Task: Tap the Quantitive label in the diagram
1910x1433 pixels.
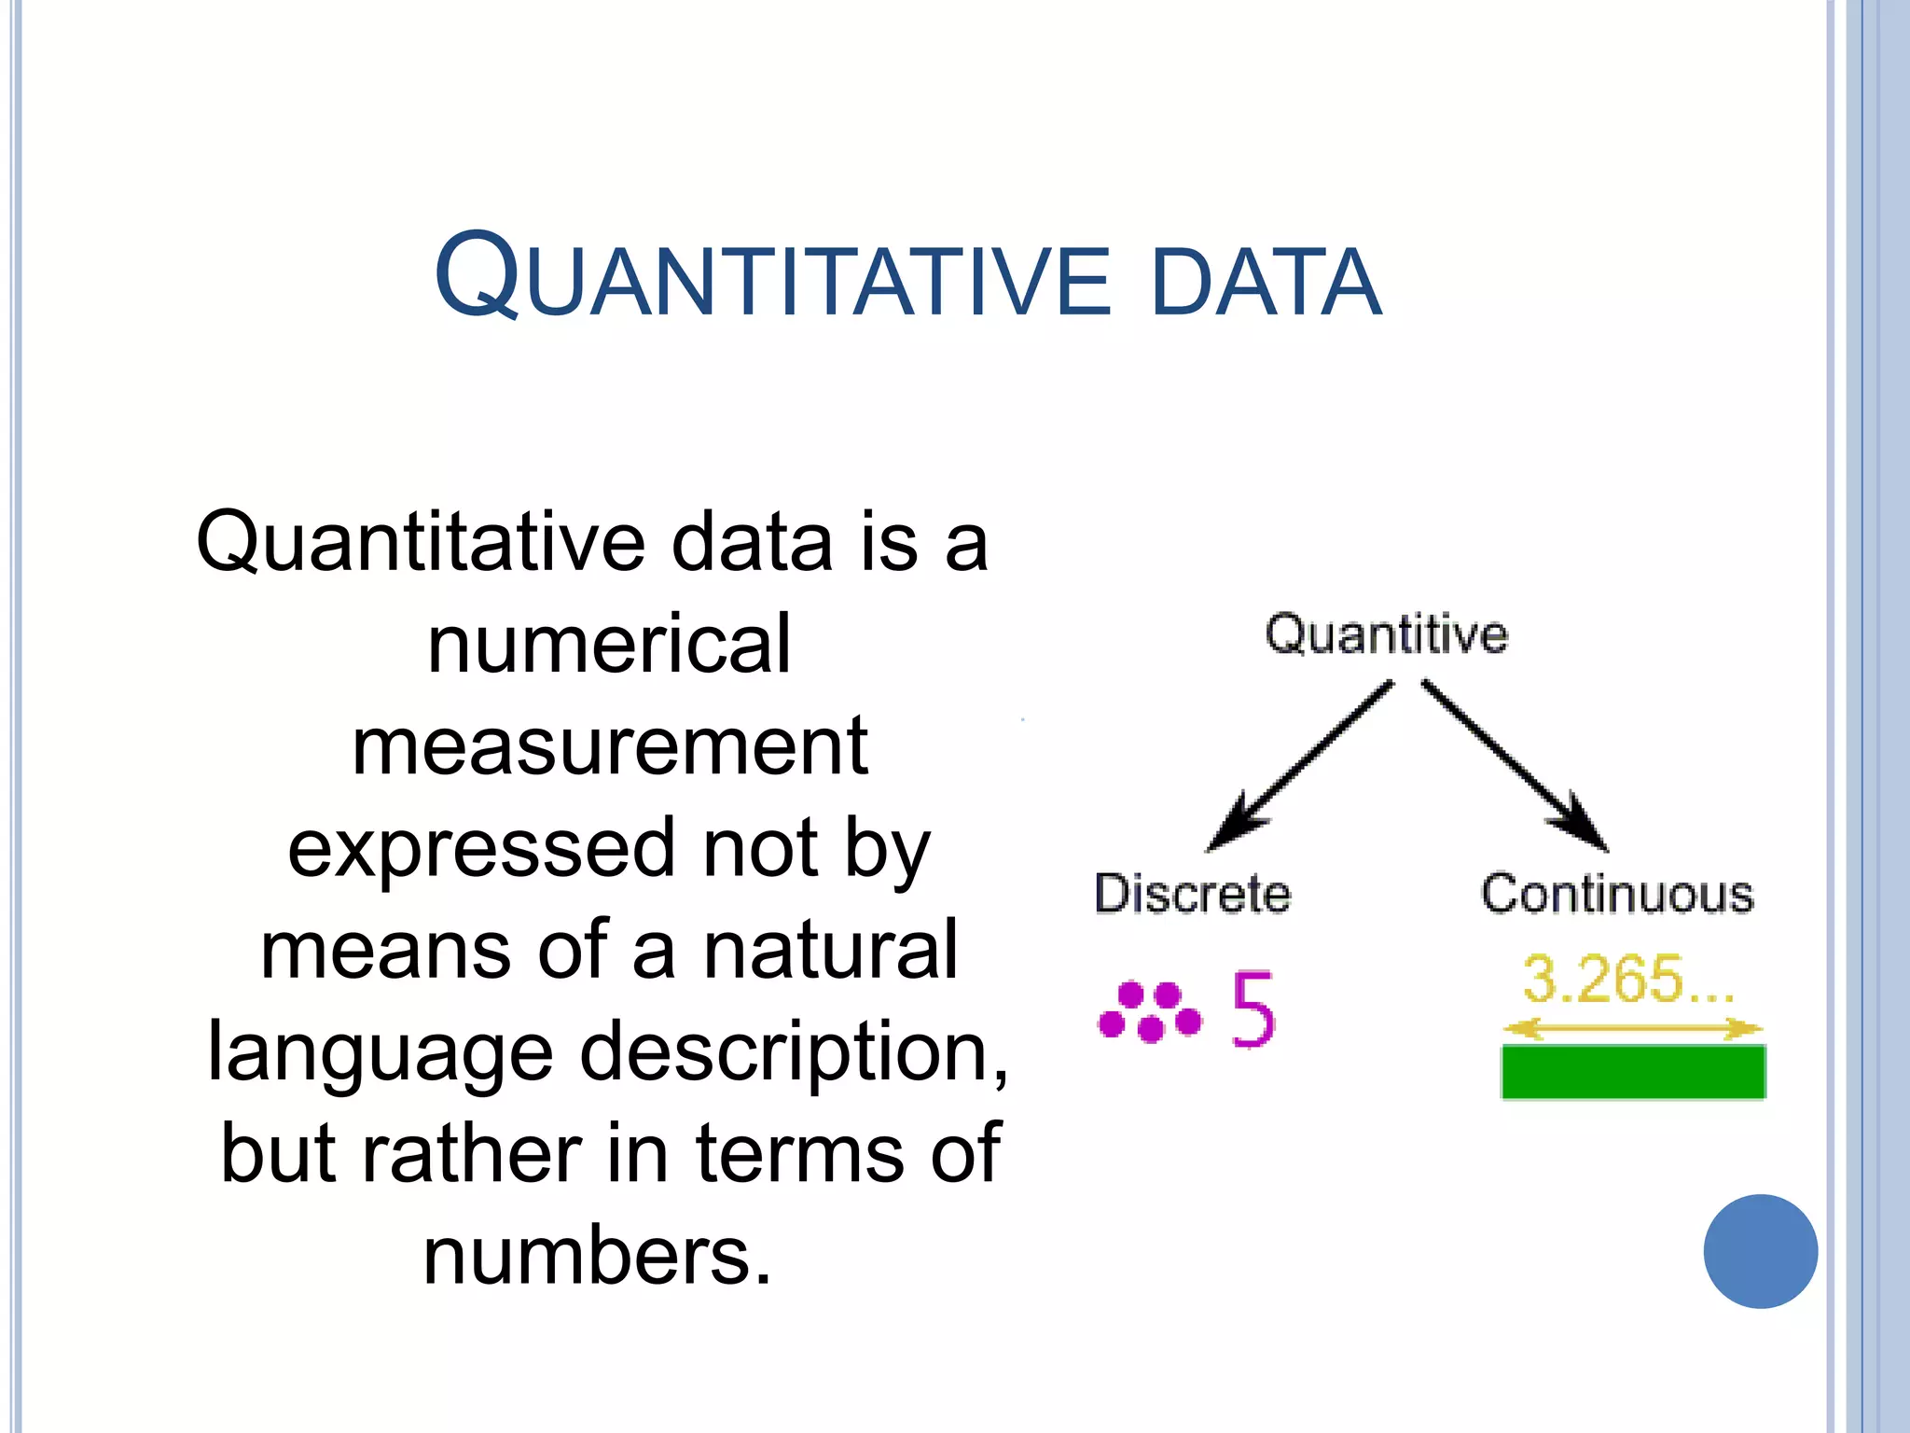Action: tap(1386, 634)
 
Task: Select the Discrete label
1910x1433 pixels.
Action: tap(1192, 894)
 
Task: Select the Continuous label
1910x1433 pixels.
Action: tap(1617, 894)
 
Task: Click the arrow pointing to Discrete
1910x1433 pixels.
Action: tap(1301, 765)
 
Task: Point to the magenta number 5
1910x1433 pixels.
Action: tap(1253, 1009)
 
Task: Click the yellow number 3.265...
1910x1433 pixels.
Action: tap(1627, 980)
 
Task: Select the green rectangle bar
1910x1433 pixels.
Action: tap(1633, 1072)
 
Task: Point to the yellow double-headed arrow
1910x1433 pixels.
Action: tap(1632, 1029)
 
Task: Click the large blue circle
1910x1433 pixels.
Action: tap(1760, 1251)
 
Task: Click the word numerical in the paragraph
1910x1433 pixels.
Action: tap(609, 644)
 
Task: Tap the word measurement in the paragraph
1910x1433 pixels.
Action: tap(610, 746)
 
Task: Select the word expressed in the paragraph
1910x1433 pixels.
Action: tap(480, 849)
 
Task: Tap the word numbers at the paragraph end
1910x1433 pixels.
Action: tap(597, 1257)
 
